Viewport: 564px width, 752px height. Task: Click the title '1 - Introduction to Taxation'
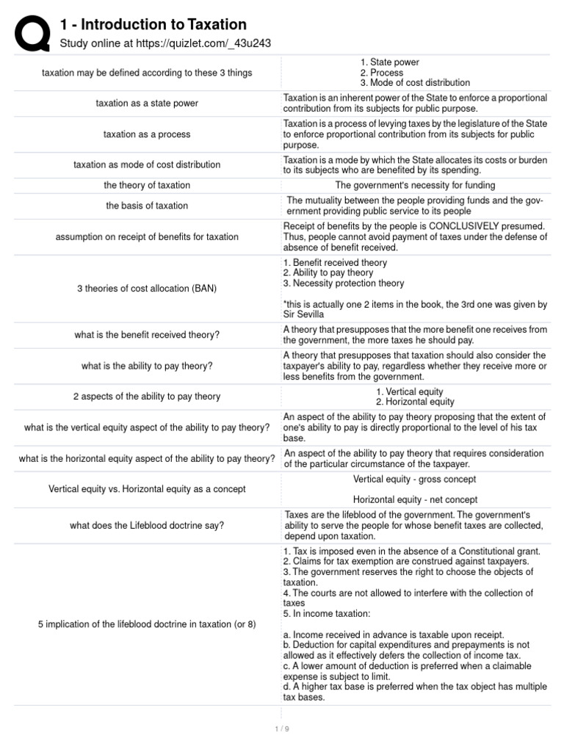pos(153,25)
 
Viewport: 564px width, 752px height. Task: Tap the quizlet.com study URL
pos(165,43)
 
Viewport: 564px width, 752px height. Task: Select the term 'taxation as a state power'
pos(147,104)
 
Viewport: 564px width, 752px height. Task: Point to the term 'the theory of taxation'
pos(147,185)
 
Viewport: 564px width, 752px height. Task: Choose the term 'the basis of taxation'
pos(147,206)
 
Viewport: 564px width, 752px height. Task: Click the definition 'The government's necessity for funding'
pos(415,185)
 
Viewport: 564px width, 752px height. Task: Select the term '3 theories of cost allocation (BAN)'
pos(147,289)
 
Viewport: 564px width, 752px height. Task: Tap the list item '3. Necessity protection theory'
pos(343,283)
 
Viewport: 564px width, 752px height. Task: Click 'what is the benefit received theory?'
pos(147,335)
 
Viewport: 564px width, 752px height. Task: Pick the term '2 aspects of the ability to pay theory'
pos(147,397)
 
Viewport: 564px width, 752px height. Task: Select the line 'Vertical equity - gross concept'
pos(415,479)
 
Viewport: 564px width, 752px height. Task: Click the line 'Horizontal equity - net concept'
pos(415,499)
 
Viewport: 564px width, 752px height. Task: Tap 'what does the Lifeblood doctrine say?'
pos(147,525)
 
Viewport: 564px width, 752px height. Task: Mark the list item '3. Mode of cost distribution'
pos(415,83)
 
